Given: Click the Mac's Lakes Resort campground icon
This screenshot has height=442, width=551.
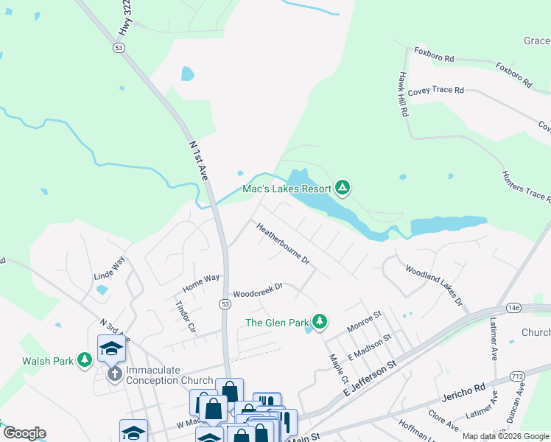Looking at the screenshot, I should click(x=342, y=189).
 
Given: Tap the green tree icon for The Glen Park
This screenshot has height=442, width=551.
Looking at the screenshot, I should click(x=319, y=322).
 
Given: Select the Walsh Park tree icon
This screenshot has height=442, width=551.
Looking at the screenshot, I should click(x=85, y=360).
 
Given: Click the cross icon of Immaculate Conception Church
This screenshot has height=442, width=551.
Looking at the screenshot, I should click(x=114, y=374).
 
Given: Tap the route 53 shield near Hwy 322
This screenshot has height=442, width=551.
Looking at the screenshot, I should click(x=118, y=47).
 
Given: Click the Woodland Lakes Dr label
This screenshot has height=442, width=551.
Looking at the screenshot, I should click(x=433, y=286).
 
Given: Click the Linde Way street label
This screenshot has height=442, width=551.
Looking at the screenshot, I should click(x=109, y=269).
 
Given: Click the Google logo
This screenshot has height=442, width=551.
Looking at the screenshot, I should click(x=24, y=433).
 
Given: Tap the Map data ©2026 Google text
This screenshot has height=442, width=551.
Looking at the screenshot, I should click(x=505, y=436).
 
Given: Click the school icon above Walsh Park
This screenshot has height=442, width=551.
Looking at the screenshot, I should click(x=111, y=348).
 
